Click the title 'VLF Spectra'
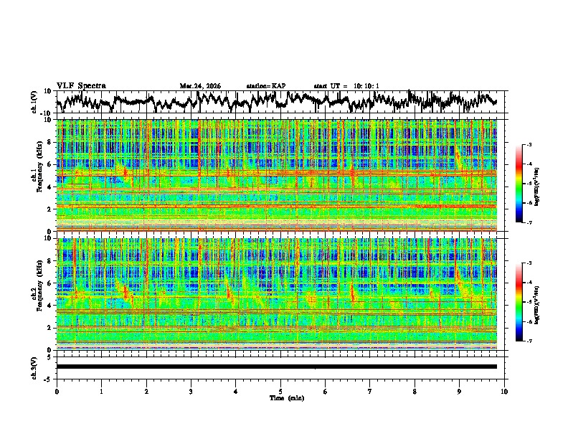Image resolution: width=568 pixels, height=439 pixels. click(81, 85)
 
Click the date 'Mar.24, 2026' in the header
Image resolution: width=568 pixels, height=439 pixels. click(200, 86)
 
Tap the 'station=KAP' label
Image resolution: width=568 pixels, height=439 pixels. click(266, 86)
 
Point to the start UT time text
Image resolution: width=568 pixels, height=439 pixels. click(346, 86)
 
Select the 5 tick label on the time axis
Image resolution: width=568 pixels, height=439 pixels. click(280, 391)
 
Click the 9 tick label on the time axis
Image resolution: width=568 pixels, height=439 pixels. click(460, 391)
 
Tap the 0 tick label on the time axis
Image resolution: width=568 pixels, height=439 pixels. click(57, 391)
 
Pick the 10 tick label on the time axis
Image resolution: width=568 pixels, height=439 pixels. click(504, 391)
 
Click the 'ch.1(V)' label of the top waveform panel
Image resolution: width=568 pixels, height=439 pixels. click(34, 102)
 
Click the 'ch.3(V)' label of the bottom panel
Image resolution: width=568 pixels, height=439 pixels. click(34, 366)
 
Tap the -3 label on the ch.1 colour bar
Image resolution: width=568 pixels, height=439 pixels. click(531, 145)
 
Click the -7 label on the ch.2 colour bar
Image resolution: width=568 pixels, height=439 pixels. click(531, 341)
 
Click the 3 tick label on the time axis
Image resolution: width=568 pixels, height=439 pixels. click(191, 391)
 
